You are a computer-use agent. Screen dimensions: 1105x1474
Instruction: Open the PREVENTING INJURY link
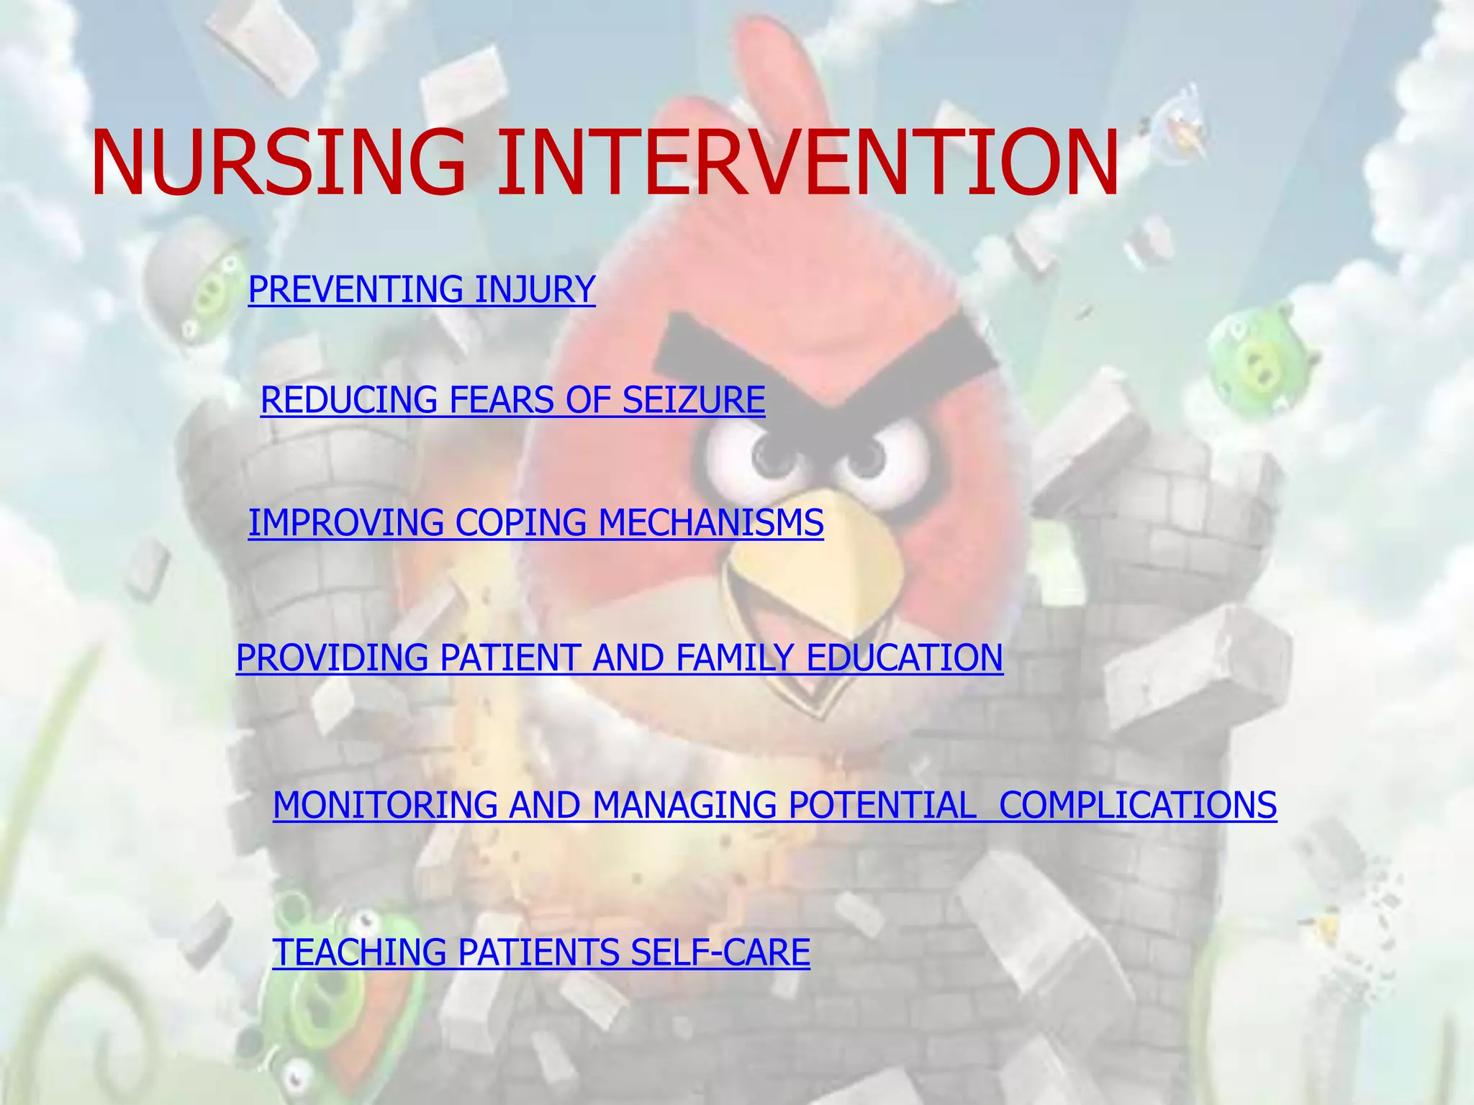pyautogui.click(x=422, y=289)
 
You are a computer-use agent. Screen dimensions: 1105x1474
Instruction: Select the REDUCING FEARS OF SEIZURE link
pyautogui.click(x=512, y=400)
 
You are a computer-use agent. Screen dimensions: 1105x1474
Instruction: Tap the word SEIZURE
pyautogui.click(x=693, y=400)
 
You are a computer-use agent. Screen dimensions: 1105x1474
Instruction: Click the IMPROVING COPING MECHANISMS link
pyautogui.click(x=535, y=522)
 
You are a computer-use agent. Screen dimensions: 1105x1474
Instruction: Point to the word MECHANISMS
pyautogui.click(x=710, y=522)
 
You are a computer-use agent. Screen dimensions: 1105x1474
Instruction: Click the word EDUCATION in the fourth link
pyautogui.click(x=904, y=658)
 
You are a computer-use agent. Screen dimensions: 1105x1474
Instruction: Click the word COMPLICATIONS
pyautogui.click(x=1137, y=804)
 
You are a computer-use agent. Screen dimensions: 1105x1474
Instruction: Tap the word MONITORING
pyautogui.click(x=385, y=804)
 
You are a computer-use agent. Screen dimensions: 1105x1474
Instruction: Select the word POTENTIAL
pyautogui.click(x=882, y=804)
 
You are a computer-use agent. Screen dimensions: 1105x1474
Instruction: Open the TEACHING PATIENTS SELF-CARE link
pyautogui.click(x=541, y=952)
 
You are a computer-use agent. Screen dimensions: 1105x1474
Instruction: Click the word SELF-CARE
pyautogui.click(x=720, y=952)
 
